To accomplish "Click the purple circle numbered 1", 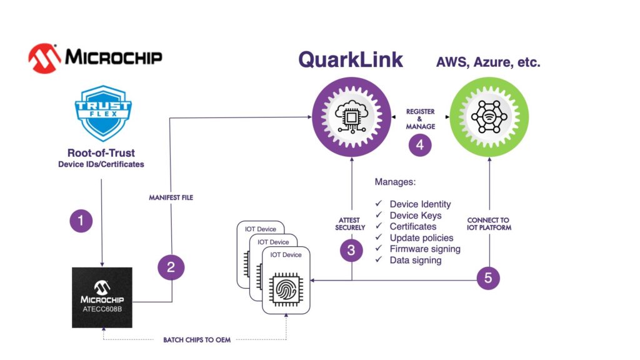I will pyautogui.click(x=81, y=221).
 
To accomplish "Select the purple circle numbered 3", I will pyautogui.click(x=351, y=250).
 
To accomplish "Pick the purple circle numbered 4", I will pyautogui.click(x=420, y=145).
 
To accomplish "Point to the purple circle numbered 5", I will pyautogui.click(x=488, y=277).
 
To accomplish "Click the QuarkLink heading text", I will pyautogui.click(x=351, y=59).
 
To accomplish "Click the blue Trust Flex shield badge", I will pyautogui.click(x=103, y=113).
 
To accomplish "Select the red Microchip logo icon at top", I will pyautogui.click(x=44, y=58).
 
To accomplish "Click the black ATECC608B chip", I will pyautogui.click(x=102, y=296).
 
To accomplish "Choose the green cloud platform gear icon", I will pyautogui.click(x=489, y=117).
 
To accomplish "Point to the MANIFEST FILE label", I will pyautogui.click(x=171, y=197).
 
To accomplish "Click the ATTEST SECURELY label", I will pyautogui.click(x=351, y=223).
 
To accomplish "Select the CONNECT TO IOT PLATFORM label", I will pyautogui.click(x=489, y=223).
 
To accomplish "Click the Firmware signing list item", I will pyautogui.click(x=425, y=249).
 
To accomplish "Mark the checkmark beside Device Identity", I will pyautogui.click(x=379, y=204).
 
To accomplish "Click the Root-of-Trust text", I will pyautogui.click(x=101, y=153).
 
